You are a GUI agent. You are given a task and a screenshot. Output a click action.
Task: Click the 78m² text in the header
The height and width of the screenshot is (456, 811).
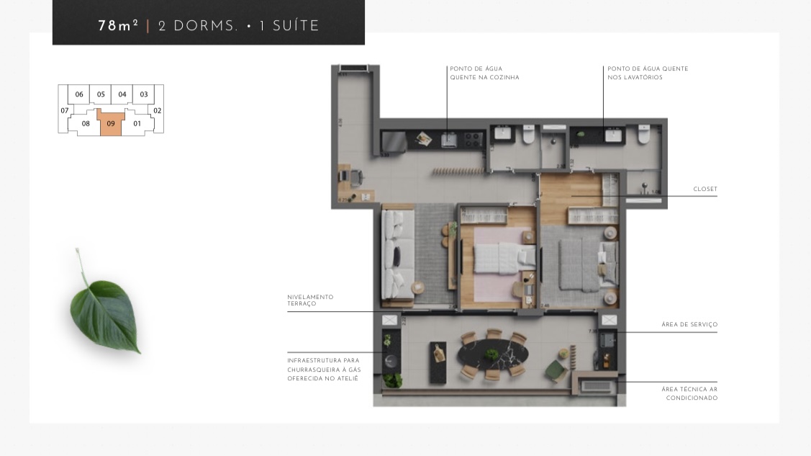(118, 26)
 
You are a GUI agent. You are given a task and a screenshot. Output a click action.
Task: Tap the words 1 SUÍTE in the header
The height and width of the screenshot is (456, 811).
(289, 26)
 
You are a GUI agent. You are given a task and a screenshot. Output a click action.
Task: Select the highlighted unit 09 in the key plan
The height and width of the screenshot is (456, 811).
(111, 123)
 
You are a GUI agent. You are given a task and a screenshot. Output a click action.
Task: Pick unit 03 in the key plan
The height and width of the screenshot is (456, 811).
(144, 94)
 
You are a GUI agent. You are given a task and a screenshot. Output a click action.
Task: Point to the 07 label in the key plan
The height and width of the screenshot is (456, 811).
(65, 110)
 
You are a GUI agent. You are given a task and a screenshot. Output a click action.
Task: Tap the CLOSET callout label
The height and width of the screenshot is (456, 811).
(705, 189)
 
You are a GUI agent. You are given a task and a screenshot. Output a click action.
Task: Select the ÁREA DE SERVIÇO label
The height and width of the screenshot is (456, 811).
(689, 325)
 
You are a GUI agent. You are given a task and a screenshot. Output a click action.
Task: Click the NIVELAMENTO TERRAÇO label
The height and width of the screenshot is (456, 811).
(310, 300)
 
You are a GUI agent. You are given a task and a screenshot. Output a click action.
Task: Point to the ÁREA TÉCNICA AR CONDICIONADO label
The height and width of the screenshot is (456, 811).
(689, 393)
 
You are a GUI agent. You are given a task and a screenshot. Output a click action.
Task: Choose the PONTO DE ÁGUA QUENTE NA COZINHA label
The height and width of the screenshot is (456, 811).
(484, 73)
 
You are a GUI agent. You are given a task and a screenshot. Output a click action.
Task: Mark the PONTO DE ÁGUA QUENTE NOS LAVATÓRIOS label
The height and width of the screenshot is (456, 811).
(648, 73)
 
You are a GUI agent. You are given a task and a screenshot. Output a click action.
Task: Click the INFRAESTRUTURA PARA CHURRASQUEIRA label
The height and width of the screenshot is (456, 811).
(323, 369)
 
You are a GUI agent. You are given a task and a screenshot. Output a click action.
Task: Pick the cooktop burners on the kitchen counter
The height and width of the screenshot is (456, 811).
(474, 137)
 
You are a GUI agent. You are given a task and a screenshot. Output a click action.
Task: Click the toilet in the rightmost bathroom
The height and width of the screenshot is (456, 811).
(643, 135)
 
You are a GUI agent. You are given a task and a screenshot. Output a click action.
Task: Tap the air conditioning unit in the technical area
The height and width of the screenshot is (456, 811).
(594, 387)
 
